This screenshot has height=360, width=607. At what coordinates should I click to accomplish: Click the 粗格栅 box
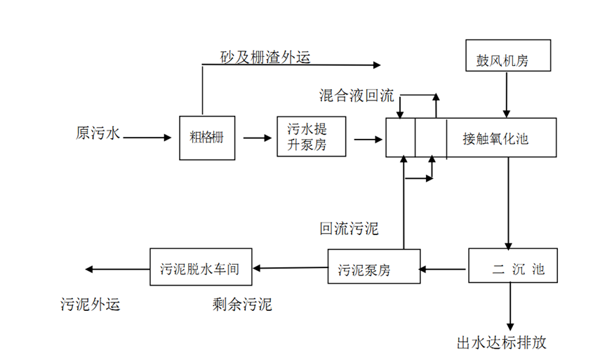201,137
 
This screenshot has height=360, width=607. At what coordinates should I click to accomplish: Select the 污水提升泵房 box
307,138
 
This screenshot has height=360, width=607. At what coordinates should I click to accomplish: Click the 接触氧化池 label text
495,138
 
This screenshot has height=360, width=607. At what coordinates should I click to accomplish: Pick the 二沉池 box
513,266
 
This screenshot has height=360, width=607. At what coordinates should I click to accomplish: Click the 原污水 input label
98,133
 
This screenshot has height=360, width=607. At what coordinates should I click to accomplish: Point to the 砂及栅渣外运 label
266,57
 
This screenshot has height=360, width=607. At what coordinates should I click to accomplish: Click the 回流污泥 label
349,229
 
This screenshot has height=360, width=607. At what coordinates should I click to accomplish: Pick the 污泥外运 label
91,304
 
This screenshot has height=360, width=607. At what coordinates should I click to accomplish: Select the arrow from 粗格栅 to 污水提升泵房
257,138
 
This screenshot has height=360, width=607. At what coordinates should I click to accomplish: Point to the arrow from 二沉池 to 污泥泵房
444,267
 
